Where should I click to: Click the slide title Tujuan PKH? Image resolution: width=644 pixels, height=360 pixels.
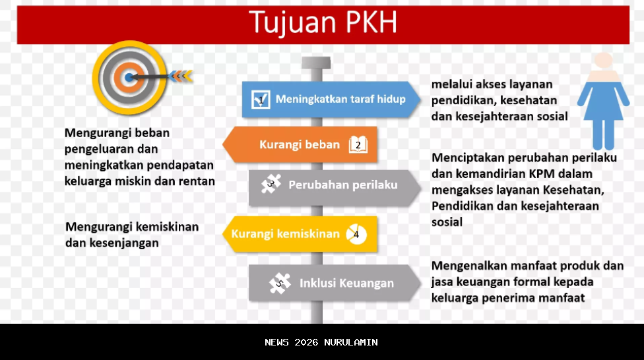[323, 23]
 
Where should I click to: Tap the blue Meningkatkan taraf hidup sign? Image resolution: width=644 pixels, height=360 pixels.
[330, 100]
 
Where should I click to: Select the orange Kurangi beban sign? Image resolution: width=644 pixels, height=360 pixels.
[300, 144]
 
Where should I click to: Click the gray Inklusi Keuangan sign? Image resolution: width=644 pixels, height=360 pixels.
[333, 284]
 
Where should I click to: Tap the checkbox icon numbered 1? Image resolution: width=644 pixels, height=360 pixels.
[261, 100]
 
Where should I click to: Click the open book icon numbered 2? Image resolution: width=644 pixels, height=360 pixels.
[358, 144]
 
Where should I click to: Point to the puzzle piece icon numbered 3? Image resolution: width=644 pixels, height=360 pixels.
[271, 185]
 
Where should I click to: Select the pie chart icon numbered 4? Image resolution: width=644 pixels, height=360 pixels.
[356, 234]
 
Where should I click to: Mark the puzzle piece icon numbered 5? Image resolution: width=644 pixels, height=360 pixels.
[280, 284]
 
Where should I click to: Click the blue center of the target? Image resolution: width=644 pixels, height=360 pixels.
[128, 78]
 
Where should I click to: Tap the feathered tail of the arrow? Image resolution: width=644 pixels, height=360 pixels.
[181, 76]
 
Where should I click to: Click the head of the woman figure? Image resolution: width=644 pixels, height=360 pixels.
[603, 61]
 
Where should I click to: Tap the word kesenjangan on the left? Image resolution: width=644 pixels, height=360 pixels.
[112, 243]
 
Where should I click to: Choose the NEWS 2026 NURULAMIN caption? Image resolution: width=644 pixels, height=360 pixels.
[321, 342]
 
